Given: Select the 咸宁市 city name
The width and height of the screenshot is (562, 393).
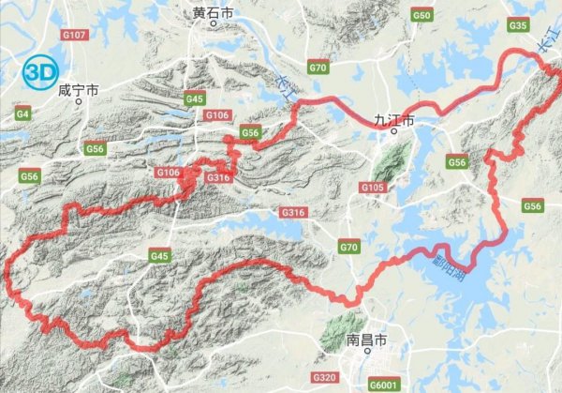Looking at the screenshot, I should point(78,90).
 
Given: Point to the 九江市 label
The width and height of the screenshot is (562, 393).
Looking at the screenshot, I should point(392,118).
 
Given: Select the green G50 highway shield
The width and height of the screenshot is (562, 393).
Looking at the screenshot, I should point(422,16).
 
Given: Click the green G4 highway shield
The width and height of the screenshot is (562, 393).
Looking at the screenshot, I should point(23,113).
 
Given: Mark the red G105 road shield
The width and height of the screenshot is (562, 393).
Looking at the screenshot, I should point(372,188).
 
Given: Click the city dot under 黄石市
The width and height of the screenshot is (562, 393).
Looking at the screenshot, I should point(214,25).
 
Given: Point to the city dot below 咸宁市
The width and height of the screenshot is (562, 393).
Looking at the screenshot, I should point(80,101).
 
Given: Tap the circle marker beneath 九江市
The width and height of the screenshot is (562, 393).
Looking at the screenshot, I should point(394,131).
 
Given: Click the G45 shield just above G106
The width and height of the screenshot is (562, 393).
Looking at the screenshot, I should point(195,98).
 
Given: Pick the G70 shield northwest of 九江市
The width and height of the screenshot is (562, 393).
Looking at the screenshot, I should point(318,68).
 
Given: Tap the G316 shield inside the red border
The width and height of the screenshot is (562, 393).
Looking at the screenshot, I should point(217,176).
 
